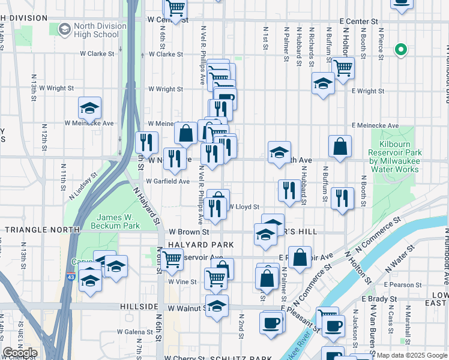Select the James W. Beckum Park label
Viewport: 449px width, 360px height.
point(115,221)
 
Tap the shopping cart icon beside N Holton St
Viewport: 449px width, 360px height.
point(343,68)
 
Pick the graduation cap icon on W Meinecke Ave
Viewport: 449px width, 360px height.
point(90,109)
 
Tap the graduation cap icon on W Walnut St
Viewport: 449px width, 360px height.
point(217,305)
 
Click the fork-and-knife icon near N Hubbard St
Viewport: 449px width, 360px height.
point(289,190)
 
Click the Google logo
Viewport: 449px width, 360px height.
point(20,353)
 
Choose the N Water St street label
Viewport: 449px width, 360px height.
point(400,252)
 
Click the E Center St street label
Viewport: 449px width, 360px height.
point(358,21)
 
